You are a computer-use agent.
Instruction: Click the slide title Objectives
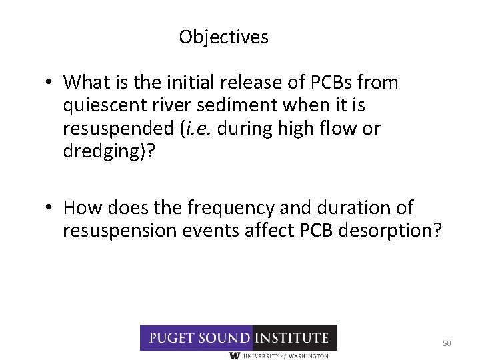click(x=223, y=37)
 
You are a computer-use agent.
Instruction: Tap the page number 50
click(x=447, y=343)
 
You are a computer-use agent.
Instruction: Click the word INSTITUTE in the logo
click(x=293, y=338)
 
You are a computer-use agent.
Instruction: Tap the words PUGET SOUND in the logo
click(x=197, y=338)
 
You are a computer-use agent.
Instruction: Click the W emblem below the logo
click(x=235, y=356)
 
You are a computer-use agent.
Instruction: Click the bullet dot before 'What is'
click(x=50, y=83)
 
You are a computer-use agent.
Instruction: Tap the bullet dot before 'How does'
click(x=50, y=209)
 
